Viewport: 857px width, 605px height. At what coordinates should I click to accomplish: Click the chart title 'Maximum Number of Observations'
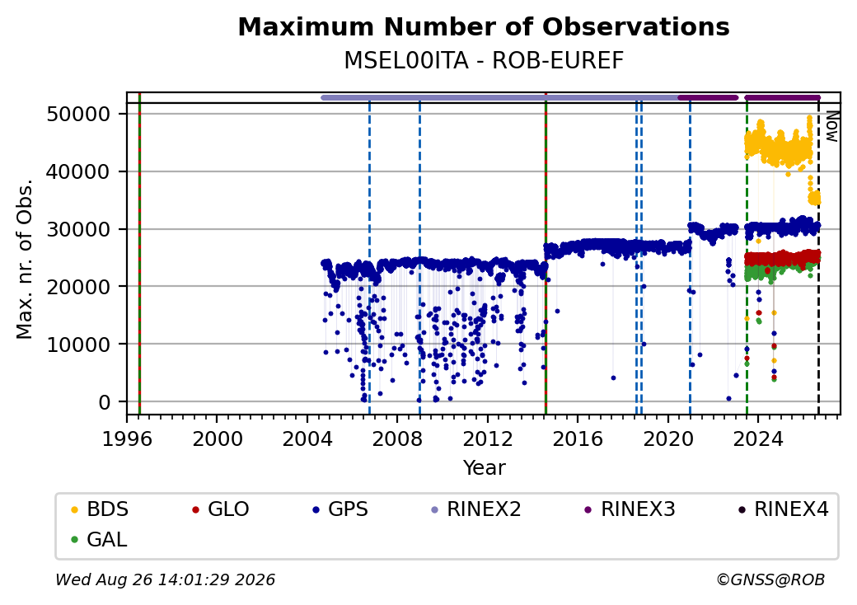click(x=484, y=26)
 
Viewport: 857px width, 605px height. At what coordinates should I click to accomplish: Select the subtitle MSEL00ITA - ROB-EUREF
click(x=484, y=61)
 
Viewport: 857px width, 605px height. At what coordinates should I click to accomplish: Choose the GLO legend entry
click(x=221, y=509)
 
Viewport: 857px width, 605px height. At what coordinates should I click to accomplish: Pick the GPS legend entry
click(x=340, y=509)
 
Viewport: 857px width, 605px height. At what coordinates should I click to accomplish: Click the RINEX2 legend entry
click(x=476, y=509)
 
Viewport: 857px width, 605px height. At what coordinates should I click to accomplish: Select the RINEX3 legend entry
click(x=630, y=509)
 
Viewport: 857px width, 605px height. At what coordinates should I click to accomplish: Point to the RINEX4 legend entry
click(x=784, y=509)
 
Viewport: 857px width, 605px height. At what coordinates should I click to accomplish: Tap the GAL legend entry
click(x=100, y=539)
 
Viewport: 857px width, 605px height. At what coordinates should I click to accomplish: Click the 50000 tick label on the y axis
click(x=79, y=115)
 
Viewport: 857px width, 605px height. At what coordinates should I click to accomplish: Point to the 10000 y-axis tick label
click(x=79, y=345)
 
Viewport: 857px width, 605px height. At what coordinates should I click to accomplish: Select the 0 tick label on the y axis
click(x=105, y=402)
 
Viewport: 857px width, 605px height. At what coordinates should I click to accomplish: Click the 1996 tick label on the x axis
click(x=128, y=439)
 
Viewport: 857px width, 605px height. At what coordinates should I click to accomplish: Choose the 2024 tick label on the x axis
click(x=758, y=439)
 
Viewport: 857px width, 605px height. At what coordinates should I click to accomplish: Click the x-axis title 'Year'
click(x=485, y=468)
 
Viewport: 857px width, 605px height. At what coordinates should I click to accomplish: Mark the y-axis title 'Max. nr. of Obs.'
click(x=25, y=259)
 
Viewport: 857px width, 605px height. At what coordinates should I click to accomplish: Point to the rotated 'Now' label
click(x=831, y=126)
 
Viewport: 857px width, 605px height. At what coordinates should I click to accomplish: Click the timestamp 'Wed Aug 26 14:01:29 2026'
click(x=165, y=579)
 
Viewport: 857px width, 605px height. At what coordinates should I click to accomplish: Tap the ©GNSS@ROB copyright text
click(x=770, y=579)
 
